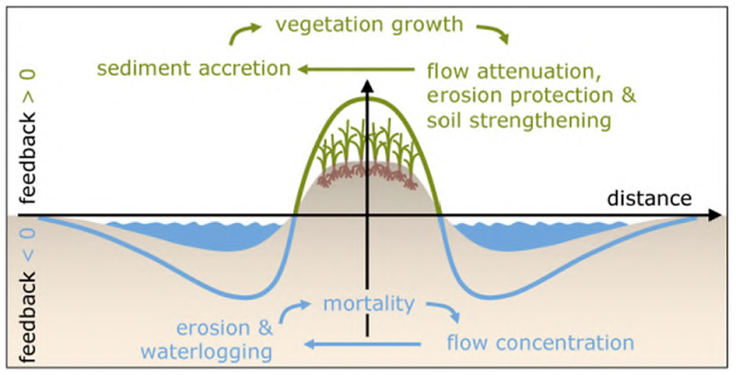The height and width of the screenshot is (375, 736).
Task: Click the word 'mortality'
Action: tap(370, 303)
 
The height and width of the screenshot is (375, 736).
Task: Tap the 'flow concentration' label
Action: tap(540, 342)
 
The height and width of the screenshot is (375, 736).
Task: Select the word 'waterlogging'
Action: tap(206, 352)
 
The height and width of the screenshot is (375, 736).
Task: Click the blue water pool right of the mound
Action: tap(537, 235)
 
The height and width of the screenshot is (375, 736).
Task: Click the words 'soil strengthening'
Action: tap(519, 121)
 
